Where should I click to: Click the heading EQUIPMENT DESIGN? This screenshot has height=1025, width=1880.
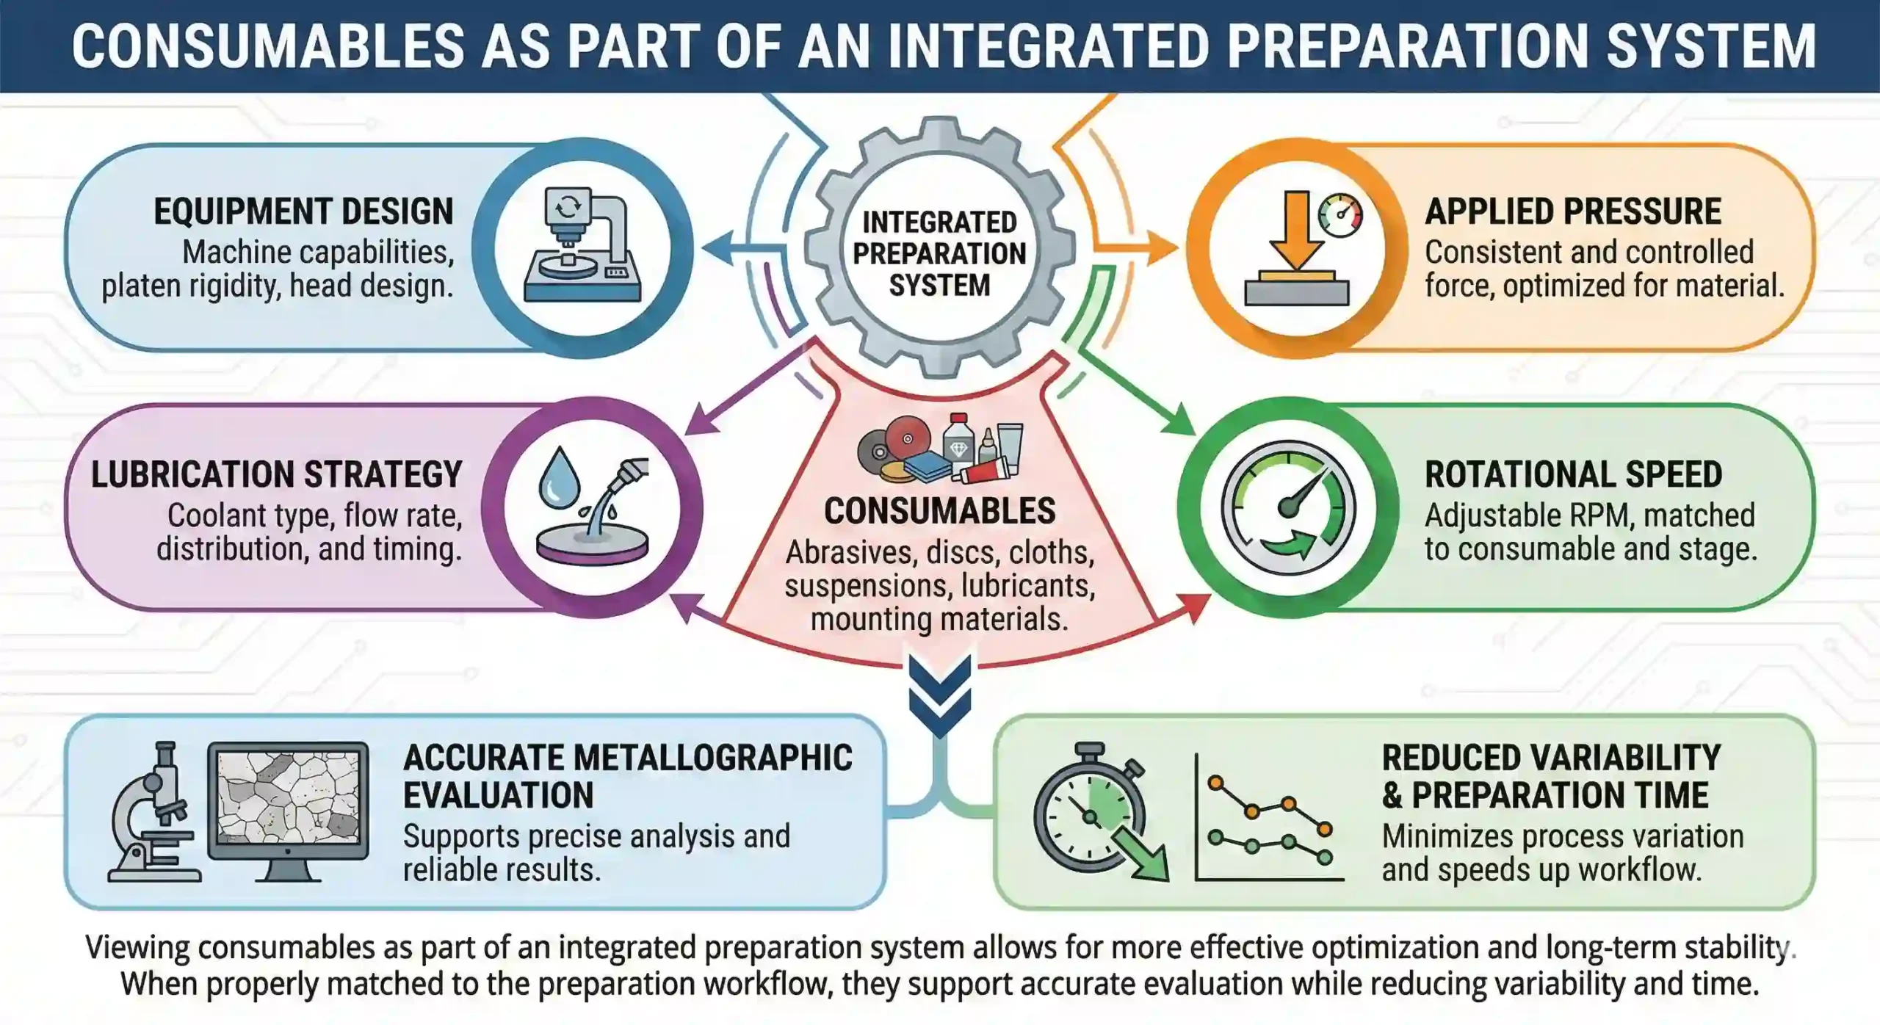[303, 211]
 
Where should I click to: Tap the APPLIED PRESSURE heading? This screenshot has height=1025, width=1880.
[1573, 211]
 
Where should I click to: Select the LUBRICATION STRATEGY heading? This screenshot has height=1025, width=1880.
[277, 474]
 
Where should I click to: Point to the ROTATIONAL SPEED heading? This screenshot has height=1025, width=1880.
[1574, 474]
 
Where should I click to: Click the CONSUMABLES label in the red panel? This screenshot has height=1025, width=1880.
[939, 511]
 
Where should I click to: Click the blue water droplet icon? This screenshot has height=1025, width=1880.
[559, 477]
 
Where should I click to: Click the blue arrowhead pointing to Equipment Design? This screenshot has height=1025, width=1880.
[717, 248]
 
